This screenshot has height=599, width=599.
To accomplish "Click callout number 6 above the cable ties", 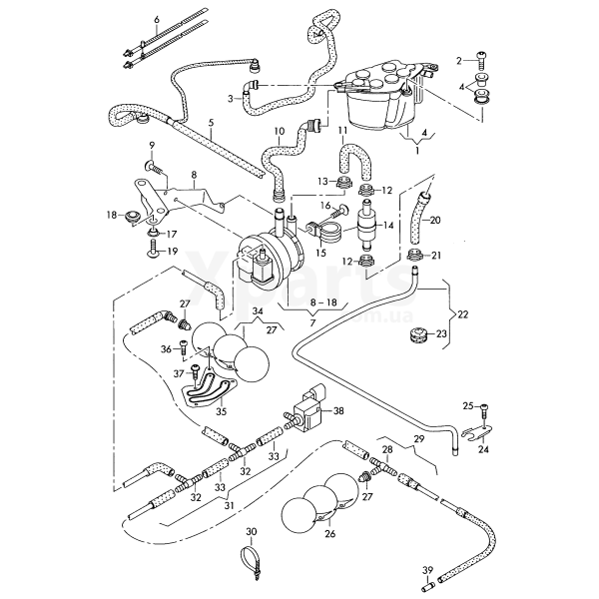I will click(x=156, y=20).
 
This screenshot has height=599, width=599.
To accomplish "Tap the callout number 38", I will click(x=338, y=411).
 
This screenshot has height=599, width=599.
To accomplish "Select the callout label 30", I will click(x=252, y=531).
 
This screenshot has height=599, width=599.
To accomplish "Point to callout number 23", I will click(x=442, y=333).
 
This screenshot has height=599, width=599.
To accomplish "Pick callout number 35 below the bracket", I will click(x=222, y=410).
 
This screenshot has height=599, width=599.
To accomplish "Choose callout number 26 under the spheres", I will click(x=329, y=533).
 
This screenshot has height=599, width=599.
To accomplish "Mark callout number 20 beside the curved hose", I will click(x=434, y=220).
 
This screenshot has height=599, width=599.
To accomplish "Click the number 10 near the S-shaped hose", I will click(x=279, y=131).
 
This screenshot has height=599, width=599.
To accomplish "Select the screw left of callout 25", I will click(x=484, y=406).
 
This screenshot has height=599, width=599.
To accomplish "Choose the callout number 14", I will click(x=390, y=226).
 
